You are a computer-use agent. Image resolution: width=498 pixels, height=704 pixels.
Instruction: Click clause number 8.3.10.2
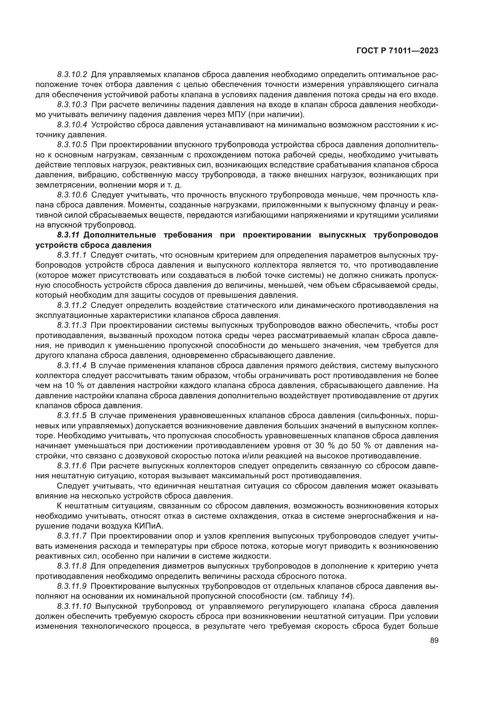72,75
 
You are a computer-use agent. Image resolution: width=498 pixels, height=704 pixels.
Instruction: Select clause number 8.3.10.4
72,125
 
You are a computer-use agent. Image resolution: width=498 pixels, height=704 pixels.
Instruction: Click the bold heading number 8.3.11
68,235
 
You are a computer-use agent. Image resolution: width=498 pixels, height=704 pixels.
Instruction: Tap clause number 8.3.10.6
72,195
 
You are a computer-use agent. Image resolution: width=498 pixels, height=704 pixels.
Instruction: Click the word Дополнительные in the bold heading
119,235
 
